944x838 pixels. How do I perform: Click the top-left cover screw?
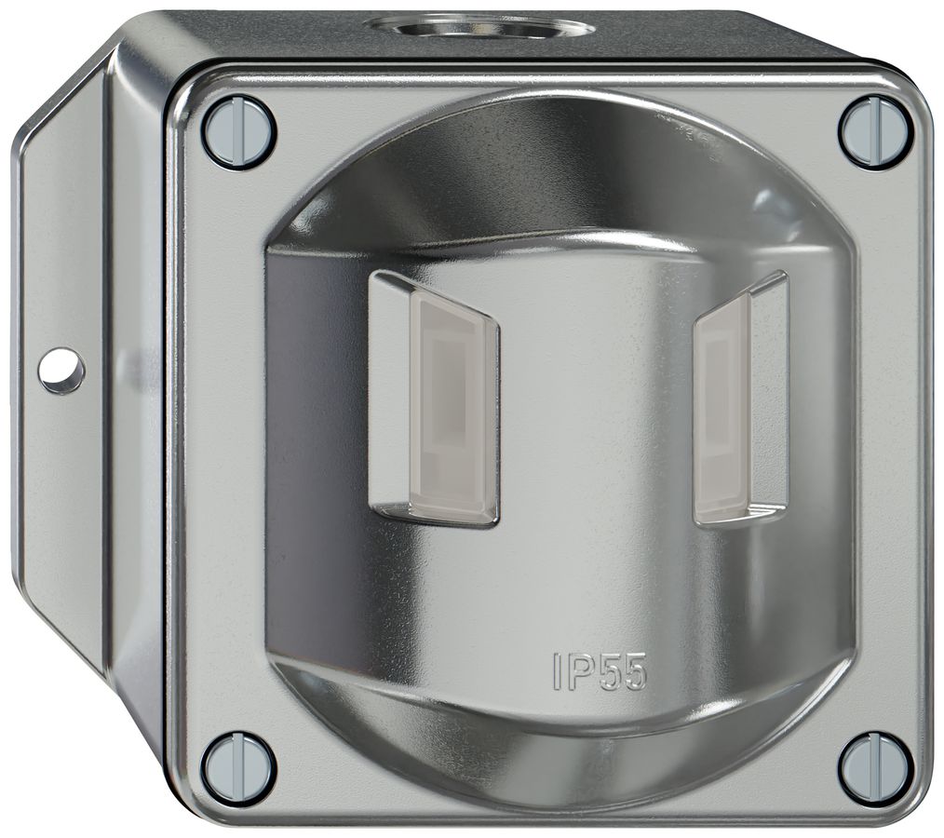[238, 131]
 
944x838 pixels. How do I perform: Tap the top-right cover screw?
[874, 131]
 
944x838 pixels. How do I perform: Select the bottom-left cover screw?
[238, 768]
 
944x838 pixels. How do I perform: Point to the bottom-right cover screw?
[874, 768]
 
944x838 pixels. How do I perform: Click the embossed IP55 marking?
[599, 670]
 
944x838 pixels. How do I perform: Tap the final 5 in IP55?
[633, 670]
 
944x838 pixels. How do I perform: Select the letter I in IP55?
[558, 670]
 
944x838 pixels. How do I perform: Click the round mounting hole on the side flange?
[61, 371]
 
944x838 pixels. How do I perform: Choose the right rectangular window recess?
[741, 399]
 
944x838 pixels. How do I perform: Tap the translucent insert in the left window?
[453, 405]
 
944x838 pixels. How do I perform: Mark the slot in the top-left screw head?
[238, 131]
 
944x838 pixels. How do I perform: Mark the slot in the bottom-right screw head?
[874, 768]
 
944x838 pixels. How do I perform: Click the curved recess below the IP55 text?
[559, 736]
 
